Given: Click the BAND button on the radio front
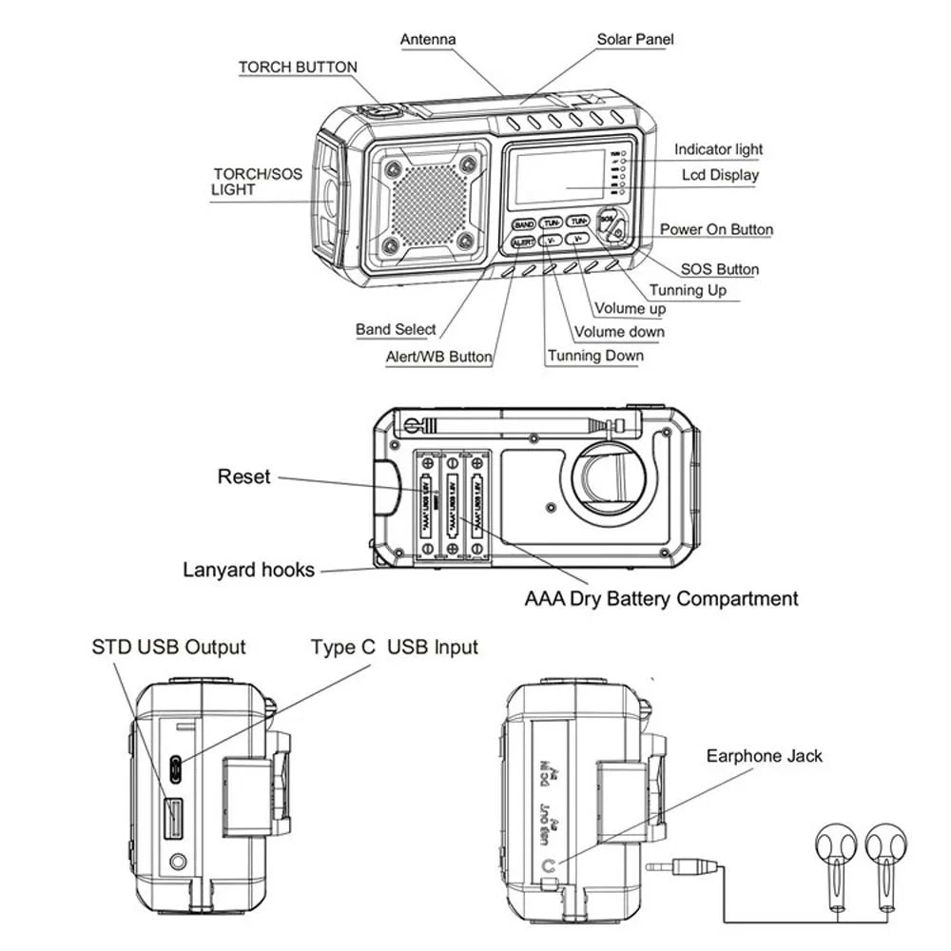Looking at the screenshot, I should [x=523, y=224].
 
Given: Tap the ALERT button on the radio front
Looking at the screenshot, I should [x=523, y=243].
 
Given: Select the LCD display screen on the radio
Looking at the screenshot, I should [x=558, y=178].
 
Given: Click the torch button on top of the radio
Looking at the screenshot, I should [x=382, y=111].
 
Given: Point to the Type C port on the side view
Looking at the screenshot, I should [x=176, y=767].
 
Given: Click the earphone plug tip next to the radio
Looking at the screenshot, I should [x=656, y=866].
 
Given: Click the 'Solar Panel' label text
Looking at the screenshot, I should [x=635, y=40].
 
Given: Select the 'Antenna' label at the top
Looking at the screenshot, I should [x=428, y=40].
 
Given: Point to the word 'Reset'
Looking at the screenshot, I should [x=244, y=476].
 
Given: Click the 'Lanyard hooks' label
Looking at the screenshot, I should [x=248, y=570].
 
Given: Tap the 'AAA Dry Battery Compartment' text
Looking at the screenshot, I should [x=661, y=599].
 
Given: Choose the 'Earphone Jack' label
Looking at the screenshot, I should [x=764, y=756].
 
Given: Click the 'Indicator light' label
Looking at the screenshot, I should [x=718, y=149].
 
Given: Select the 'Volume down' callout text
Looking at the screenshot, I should [x=619, y=332].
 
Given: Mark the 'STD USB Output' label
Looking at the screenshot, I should [x=168, y=648].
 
